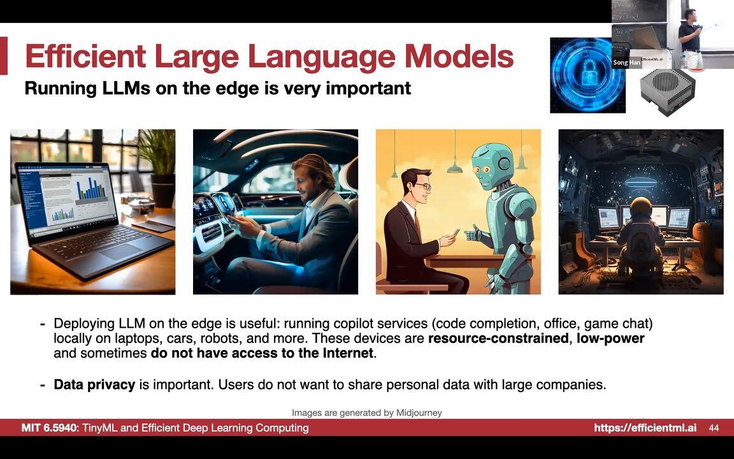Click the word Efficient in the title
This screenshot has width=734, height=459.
coord(85,56)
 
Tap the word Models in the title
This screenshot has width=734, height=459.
coord(459,56)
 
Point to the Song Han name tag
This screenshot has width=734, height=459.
coord(626,62)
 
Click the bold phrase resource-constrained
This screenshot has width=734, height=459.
coord(498,338)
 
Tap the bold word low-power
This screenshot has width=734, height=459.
coord(610,338)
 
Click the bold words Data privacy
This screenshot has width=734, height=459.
coord(94,384)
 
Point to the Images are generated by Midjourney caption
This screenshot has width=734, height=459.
coord(367,412)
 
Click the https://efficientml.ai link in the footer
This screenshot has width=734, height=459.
coord(645,428)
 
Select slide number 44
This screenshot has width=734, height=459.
coord(714,428)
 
